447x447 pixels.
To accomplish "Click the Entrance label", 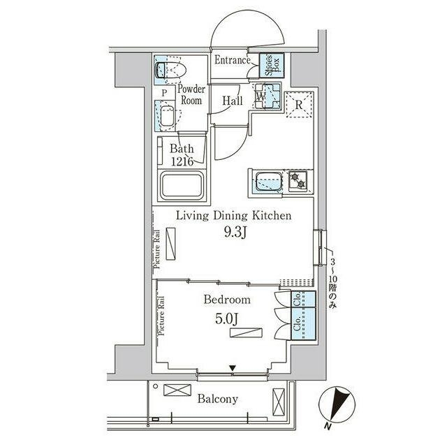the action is [x=232, y=60].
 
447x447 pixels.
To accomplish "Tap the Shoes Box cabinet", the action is [x=272, y=65].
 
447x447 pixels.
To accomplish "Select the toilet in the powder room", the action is [x=170, y=70].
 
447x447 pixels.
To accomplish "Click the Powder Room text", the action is [x=191, y=95].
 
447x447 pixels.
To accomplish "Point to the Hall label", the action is [x=233, y=101].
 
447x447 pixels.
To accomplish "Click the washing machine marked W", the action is [x=268, y=96].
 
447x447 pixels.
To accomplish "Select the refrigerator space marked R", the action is [x=299, y=105].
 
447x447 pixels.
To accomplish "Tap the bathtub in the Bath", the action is [x=182, y=184].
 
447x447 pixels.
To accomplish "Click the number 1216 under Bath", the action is [x=182, y=161].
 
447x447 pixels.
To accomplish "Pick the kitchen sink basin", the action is [x=269, y=182].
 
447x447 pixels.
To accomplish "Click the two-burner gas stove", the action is [x=298, y=182].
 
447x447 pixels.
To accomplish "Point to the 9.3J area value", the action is [x=235, y=233].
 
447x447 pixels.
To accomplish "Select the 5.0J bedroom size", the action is [x=226, y=319].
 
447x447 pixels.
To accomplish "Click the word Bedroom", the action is [x=227, y=300].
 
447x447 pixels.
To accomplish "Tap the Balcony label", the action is [x=218, y=399].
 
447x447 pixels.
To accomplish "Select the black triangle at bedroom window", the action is [x=233, y=368].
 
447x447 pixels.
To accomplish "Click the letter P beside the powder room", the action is [x=164, y=93].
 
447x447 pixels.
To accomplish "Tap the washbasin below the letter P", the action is [x=168, y=116].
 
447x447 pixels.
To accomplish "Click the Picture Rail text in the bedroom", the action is [x=161, y=316].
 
